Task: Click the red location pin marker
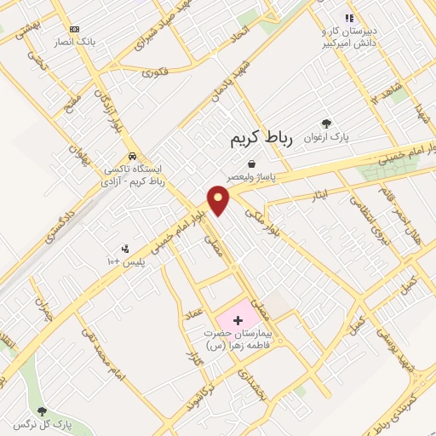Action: (x=219, y=200)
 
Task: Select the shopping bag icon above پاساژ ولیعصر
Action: (x=251, y=163)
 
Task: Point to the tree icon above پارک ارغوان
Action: (x=326, y=123)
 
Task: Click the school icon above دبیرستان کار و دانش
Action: (x=347, y=18)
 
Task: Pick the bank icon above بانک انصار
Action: (x=75, y=28)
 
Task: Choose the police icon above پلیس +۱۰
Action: (x=126, y=249)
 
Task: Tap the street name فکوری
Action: (x=154, y=72)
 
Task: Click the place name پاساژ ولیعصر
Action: (x=253, y=176)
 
